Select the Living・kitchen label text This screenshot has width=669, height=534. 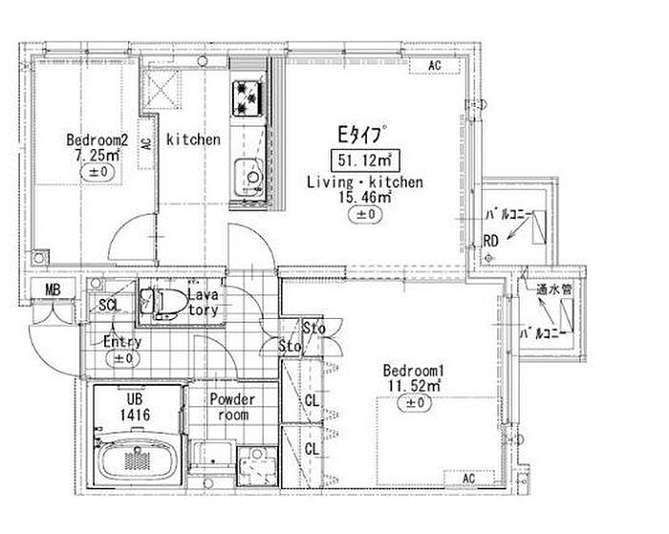(364, 181)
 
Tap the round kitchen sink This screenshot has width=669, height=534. (253, 177)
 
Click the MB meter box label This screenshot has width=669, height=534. (50, 291)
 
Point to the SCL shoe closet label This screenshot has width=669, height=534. (109, 305)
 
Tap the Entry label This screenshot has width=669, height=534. (122, 342)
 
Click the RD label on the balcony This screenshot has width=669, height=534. (490, 241)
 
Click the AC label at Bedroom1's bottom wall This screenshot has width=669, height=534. (470, 478)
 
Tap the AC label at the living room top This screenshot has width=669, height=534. (434, 66)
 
